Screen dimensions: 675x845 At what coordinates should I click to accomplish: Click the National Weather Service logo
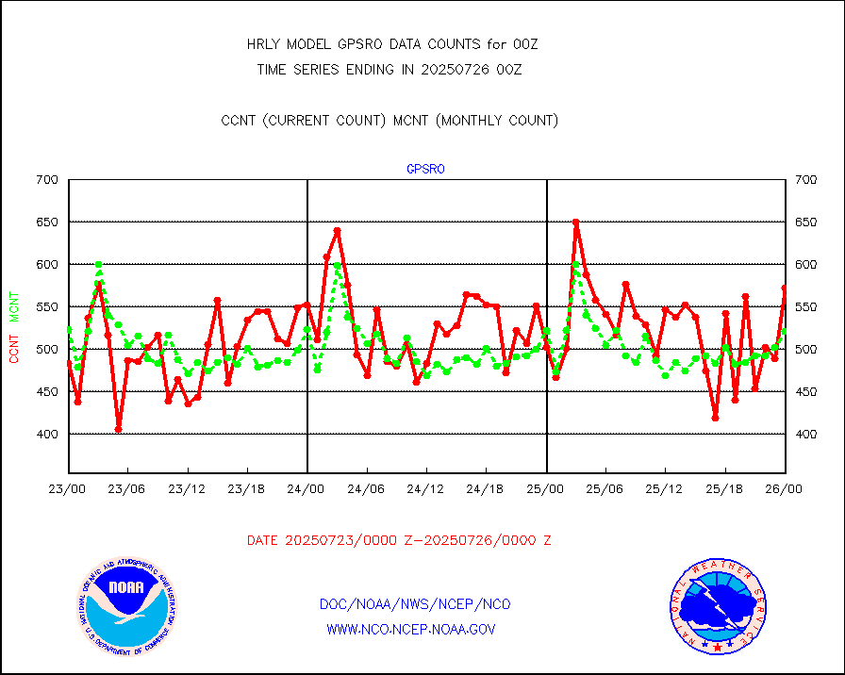tap(718, 606)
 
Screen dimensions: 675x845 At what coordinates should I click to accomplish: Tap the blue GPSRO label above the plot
tap(425, 170)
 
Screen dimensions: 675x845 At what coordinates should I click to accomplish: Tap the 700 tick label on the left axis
tap(47, 179)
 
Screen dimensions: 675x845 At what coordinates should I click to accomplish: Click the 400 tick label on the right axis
tap(807, 434)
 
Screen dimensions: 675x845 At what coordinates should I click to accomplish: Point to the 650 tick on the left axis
tap(47, 222)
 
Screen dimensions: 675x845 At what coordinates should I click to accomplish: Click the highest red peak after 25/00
tap(575, 222)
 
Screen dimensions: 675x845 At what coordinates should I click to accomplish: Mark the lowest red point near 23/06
tap(118, 430)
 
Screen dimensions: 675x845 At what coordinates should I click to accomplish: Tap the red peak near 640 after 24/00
tap(337, 230)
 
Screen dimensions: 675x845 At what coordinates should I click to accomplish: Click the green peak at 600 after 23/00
tap(98, 265)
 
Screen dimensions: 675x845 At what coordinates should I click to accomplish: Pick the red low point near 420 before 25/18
tap(716, 418)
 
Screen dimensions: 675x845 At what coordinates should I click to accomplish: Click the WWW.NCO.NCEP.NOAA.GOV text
tap(411, 629)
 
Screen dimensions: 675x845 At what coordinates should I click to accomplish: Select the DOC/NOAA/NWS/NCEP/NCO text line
tap(415, 604)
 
